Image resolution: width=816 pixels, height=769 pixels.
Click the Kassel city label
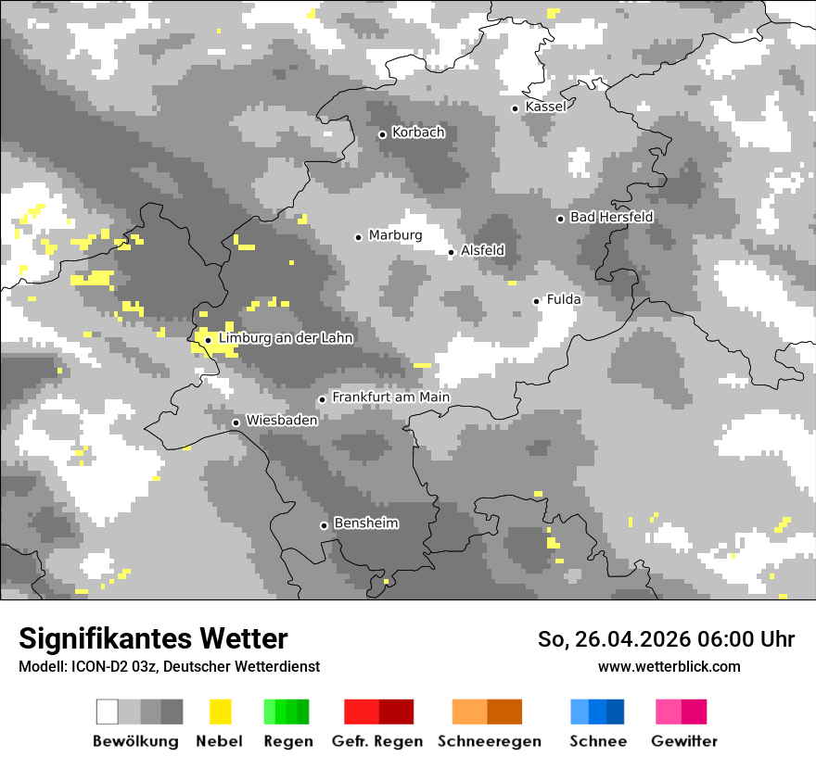[x=545, y=107]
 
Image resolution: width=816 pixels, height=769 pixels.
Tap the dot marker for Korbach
[x=382, y=134]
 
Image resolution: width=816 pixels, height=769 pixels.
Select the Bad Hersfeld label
[x=611, y=217]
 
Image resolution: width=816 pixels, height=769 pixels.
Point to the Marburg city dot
[x=359, y=237]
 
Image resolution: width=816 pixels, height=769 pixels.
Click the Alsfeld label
[x=482, y=250]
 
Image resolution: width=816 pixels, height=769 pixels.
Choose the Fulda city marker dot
[x=536, y=301]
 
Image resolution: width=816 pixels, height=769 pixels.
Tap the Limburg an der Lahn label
[x=286, y=338]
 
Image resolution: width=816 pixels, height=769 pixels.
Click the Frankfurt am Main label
[x=390, y=397]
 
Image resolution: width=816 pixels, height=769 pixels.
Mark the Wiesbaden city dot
[x=236, y=422]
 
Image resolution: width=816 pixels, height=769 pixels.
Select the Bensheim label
[x=365, y=523]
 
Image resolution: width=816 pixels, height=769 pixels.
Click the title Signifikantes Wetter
[x=153, y=638]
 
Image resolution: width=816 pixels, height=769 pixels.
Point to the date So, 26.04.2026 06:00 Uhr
[x=666, y=639]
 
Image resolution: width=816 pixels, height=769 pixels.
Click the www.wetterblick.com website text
[x=669, y=666]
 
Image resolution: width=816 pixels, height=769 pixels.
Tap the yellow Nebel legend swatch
[x=220, y=712]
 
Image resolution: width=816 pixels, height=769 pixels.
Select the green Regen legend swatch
[x=287, y=712]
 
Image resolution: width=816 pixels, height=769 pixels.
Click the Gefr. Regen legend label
[x=376, y=741]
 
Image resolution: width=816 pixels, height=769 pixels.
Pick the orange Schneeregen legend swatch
[x=488, y=712]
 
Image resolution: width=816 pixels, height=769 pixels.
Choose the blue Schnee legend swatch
[x=597, y=712]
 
